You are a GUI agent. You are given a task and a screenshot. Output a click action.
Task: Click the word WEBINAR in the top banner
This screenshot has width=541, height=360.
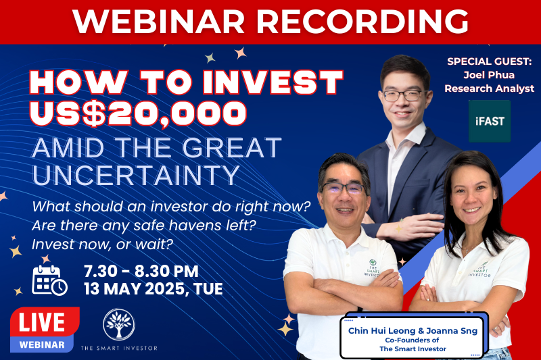[159, 22]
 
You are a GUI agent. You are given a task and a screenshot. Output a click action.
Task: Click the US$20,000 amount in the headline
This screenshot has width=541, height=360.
[139, 113]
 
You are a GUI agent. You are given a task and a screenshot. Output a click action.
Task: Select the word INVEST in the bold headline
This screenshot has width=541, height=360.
[273, 82]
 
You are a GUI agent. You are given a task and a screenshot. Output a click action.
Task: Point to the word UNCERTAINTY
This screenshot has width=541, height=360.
[136, 175]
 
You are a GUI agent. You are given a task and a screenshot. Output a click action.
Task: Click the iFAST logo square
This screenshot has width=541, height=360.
[489, 121]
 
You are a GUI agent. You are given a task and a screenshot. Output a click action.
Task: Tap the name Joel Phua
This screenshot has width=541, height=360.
[489, 75]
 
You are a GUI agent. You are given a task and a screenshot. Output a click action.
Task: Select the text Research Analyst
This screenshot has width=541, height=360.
[489, 88]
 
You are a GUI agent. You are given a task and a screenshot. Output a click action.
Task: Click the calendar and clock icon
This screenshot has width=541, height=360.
[49, 280]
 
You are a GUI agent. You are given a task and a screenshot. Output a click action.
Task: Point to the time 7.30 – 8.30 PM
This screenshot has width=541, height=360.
[141, 272]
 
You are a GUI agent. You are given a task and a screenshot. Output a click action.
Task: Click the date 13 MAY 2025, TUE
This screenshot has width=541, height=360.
[154, 288]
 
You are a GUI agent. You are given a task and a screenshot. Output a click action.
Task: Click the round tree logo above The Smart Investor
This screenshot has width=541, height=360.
[119, 324]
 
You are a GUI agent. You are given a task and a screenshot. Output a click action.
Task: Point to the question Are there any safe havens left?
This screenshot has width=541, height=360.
[144, 226]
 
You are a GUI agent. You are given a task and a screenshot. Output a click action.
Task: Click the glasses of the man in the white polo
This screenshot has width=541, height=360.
[344, 188]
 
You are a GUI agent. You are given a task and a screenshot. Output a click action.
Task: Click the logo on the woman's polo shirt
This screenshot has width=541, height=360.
[480, 269]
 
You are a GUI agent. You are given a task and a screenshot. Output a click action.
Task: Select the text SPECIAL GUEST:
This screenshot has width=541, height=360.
[489, 61]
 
